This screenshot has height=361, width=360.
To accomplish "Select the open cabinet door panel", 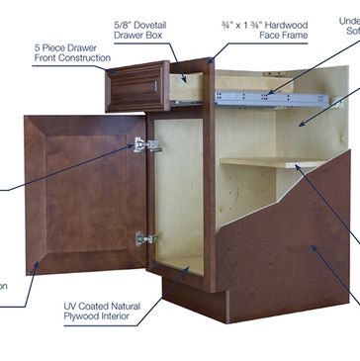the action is coord(85,192).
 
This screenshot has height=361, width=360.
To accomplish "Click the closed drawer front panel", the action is coord(137,86).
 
